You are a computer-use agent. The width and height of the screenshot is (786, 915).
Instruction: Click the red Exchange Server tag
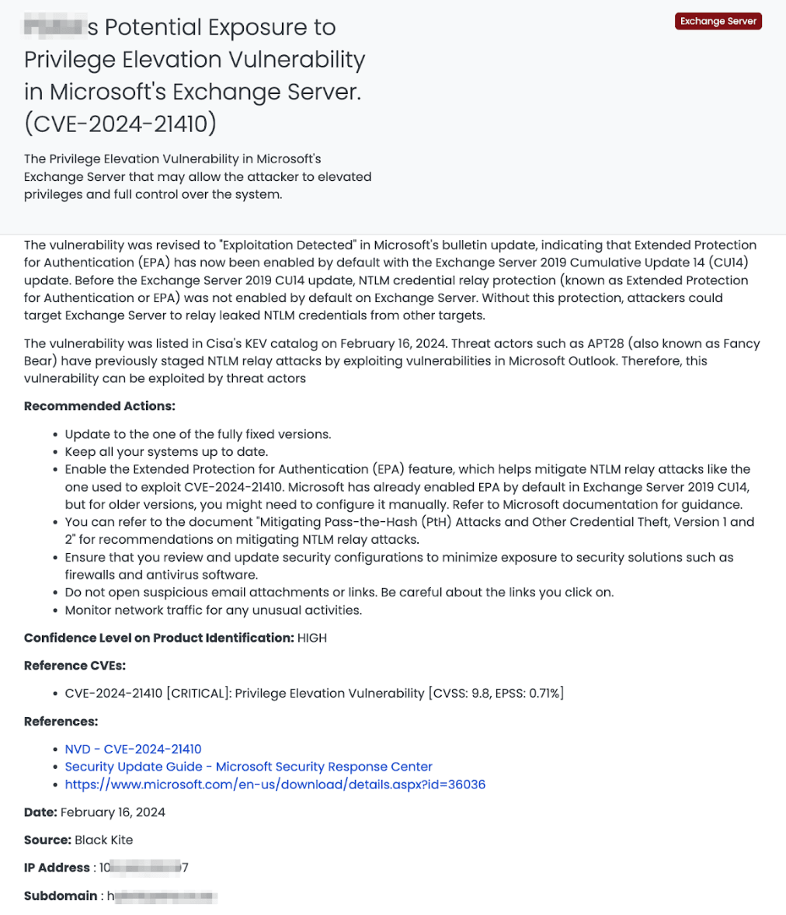[x=718, y=21]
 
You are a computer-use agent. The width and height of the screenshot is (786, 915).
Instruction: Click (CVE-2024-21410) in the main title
[x=120, y=123]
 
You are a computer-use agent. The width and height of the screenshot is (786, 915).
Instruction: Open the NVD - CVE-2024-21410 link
[x=133, y=749]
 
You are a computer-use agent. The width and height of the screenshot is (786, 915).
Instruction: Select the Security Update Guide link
[x=249, y=767]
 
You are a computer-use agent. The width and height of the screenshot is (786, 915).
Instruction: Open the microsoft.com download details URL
[x=275, y=785]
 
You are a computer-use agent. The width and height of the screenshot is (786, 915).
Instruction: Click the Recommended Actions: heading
[x=99, y=406]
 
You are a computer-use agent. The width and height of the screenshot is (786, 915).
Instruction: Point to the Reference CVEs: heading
[x=75, y=666]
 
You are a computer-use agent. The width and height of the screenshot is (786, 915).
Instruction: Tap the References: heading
[x=61, y=722]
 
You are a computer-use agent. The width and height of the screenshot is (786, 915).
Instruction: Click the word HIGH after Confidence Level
[x=312, y=638]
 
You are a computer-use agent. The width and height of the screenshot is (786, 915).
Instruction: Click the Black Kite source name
[x=103, y=840]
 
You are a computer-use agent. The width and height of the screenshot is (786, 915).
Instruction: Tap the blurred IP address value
[x=144, y=868]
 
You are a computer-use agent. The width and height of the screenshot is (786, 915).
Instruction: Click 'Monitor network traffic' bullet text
[x=213, y=610]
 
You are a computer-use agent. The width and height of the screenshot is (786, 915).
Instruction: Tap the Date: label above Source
[x=40, y=812]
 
